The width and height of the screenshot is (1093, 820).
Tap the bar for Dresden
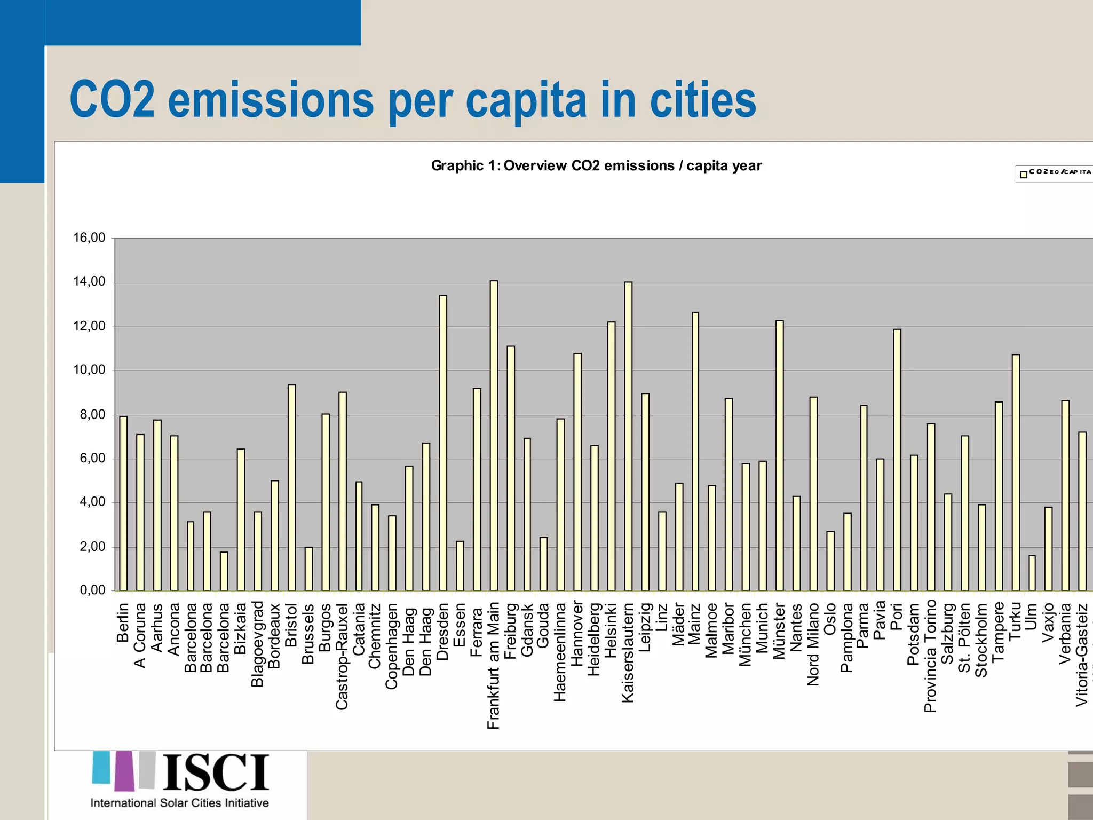tap(443, 443)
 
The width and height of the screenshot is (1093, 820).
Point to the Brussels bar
tap(308, 569)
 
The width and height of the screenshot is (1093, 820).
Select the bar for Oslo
tap(830, 561)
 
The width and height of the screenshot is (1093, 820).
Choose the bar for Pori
tap(897, 460)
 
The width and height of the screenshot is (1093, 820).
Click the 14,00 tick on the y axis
tap(89, 281)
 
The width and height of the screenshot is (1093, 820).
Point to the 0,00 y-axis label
tap(92, 590)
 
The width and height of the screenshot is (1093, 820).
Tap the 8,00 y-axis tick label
tap(89, 414)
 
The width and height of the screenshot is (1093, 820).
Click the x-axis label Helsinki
tap(612, 630)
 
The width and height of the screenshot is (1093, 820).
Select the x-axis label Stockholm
tap(981, 640)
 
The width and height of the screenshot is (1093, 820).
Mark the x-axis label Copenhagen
tap(392, 646)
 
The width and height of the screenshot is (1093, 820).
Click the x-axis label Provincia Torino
tap(931, 656)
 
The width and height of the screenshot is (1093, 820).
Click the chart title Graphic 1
tap(596, 165)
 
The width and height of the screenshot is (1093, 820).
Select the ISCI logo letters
tap(216, 772)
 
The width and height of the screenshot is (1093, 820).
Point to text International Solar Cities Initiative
tap(179, 803)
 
